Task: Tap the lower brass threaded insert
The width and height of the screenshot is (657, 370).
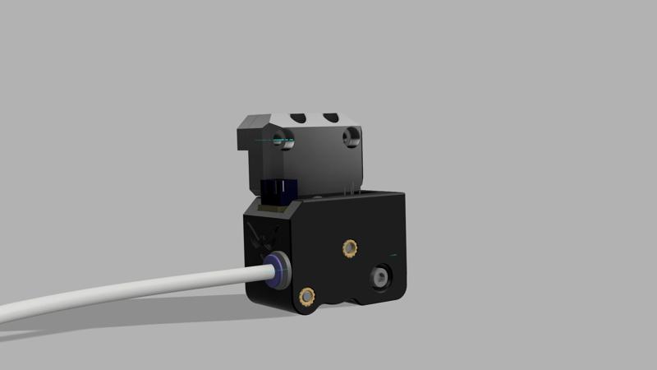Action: tap(308, 295)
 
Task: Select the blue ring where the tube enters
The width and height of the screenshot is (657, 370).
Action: tap(278, 270)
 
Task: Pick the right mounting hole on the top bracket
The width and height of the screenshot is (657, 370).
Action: tap(351, 137)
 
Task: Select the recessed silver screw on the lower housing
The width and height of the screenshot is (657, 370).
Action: tap(382, 276)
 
